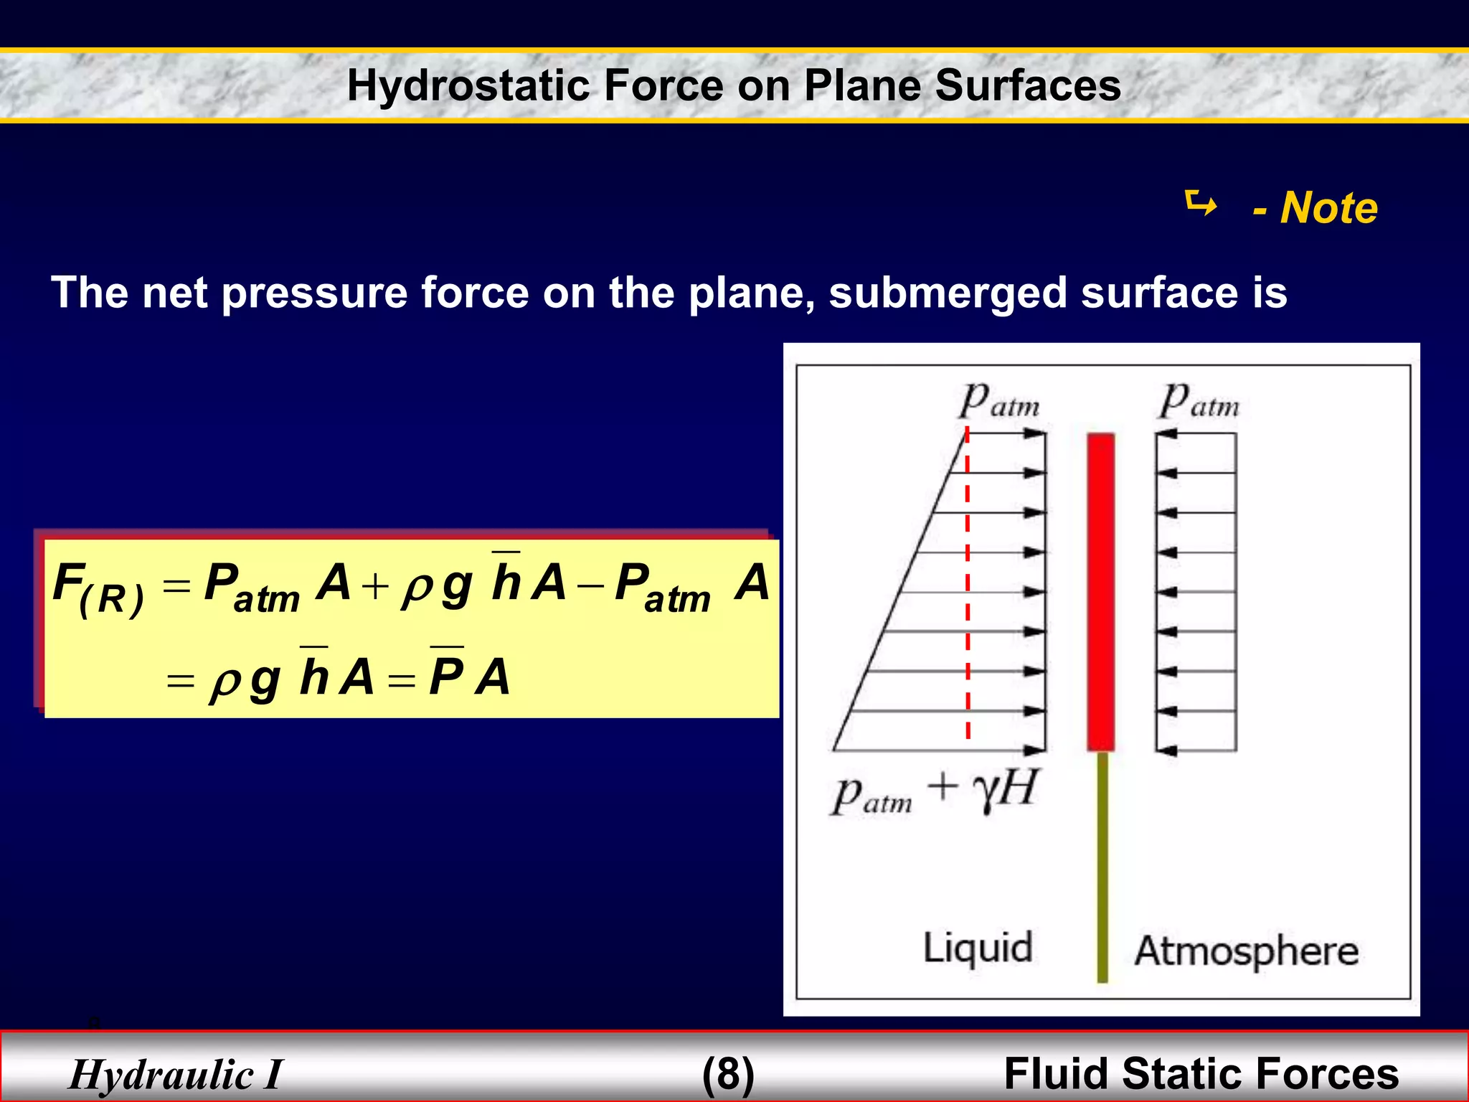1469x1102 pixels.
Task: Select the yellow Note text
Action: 1328,208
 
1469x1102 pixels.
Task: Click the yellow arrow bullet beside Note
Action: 1201,204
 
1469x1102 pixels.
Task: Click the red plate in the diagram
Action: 1100,591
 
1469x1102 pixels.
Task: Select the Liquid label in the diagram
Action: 977,948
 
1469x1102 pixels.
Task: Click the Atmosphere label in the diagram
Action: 1246,951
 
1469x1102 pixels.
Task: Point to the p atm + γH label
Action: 932,792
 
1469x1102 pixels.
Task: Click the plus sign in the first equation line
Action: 374,587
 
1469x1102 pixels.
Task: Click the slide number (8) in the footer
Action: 728,1074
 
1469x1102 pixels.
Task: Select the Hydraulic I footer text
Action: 176,1075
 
